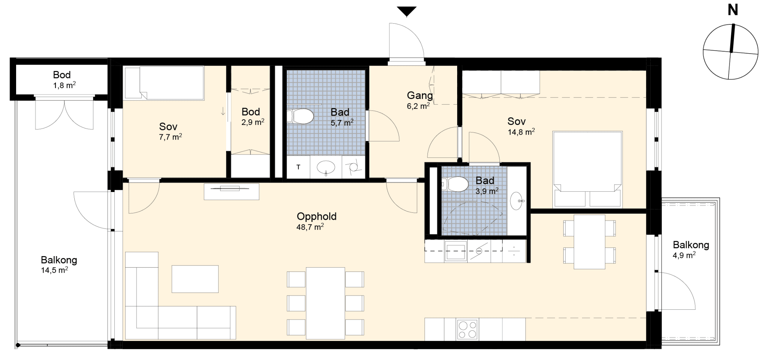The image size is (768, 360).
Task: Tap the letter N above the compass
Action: (x=733, y=10)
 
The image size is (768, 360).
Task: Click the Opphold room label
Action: (x=316, y=216)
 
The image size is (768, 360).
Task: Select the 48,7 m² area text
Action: (x=310, y=227)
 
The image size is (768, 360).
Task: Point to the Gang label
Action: (x=420, y=95)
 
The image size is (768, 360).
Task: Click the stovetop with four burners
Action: (x=467, y=330)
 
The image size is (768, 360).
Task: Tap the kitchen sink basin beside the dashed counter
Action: (x=456, y=251)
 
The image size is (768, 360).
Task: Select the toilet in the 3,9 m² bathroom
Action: (x=455, y=184)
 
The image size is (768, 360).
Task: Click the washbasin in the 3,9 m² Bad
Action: (x=517, y=200)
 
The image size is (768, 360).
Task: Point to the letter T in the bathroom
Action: (x=298, y=167)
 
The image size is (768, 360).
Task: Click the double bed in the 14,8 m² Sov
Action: (x=587, y=169)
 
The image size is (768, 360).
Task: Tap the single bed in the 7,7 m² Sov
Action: (x=164, y=83)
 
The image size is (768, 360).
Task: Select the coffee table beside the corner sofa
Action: (x=195, y=279)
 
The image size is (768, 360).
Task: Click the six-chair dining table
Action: (x=325, y=303)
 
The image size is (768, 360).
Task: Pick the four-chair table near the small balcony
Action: (x=589, y=241)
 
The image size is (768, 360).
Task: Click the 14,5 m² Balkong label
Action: (x=59, y=260)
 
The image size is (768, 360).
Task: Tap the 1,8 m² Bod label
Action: (x=62, y=75)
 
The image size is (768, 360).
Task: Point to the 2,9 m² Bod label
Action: (x=251, y=112)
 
